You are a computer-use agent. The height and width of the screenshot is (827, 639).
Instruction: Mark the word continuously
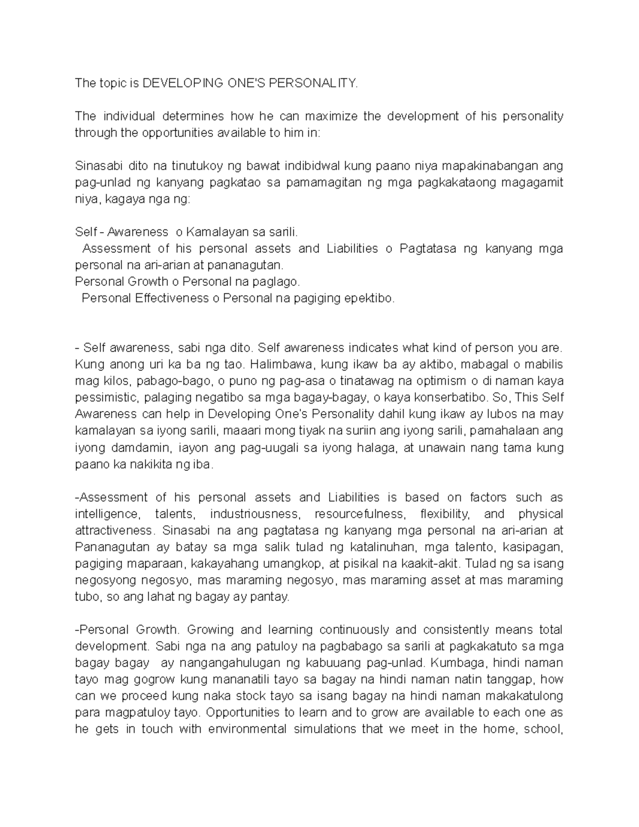pos(354,630)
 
